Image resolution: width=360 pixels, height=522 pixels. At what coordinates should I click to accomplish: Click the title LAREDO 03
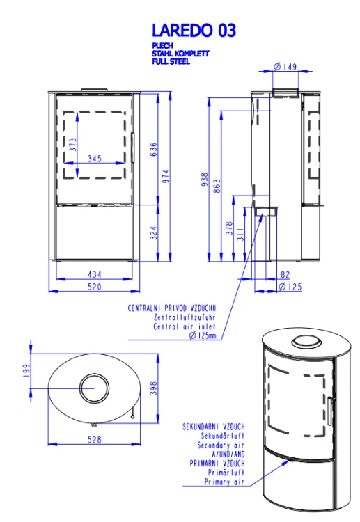click(x=194, y=31)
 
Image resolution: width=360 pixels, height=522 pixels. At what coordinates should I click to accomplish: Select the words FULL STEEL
click(x=171, y=61)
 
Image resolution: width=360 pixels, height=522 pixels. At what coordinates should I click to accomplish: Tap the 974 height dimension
click(x=166, y=176)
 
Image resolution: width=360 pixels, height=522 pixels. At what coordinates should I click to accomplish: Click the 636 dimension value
click(x=153, y=150)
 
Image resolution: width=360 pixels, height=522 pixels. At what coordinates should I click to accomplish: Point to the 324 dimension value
click(x=153, y=232)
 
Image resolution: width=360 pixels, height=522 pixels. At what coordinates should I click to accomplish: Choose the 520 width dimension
click(x=94, y=287)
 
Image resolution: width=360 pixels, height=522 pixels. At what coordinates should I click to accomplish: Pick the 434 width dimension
click(x=94, y=275)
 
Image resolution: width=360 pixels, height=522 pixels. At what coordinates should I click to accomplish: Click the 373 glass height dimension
click(x=72, y=145)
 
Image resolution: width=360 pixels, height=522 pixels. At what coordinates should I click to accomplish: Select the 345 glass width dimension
click(x=95, y=159)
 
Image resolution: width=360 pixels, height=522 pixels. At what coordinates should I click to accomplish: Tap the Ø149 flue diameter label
click(x=285, y=67)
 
